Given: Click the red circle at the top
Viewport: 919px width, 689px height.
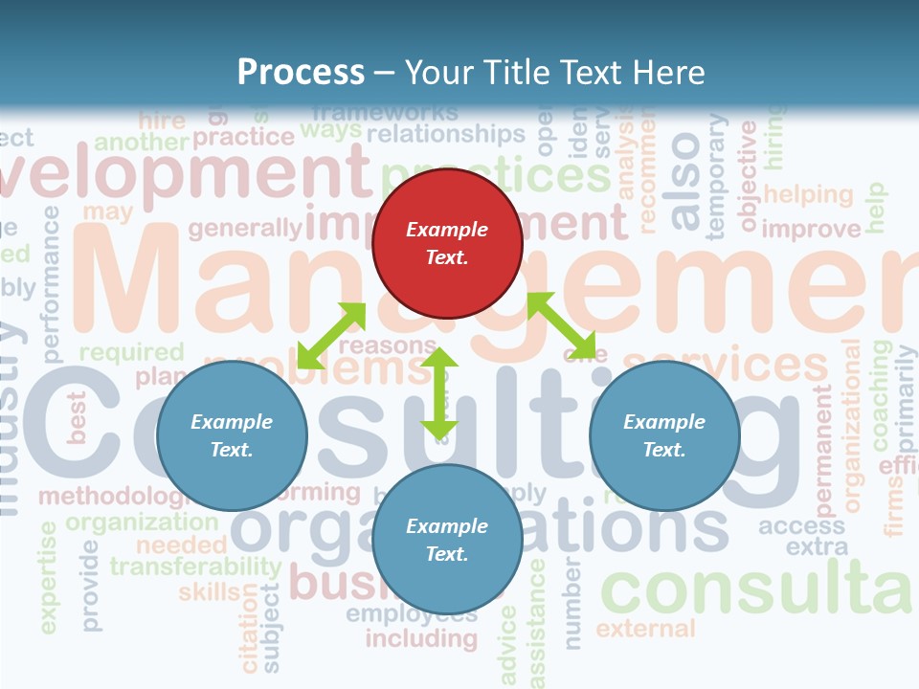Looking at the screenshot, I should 447,243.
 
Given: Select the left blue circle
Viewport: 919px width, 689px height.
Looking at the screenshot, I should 232,435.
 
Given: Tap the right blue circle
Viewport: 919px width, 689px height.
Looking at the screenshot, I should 664,435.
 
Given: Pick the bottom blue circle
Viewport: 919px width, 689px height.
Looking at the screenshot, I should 447,540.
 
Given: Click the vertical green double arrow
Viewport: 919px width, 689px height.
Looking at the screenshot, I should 439,393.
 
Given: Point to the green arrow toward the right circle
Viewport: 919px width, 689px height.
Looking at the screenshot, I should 561,324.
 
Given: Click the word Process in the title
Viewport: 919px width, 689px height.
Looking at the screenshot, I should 301,72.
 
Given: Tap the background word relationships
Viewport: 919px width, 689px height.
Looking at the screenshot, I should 446,133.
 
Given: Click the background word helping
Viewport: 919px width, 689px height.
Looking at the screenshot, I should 808,194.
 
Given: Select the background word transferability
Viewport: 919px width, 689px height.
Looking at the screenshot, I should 195,566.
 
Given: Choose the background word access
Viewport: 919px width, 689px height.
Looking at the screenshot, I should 802,525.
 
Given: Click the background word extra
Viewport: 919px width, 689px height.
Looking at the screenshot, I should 817,547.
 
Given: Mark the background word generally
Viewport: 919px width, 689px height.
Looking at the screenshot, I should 245,228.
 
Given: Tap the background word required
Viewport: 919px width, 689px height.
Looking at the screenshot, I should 131,352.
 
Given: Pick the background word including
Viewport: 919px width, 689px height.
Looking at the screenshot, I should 421,637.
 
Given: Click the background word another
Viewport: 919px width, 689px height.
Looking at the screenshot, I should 142,143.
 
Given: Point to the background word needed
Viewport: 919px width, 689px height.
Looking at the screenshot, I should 181,545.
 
